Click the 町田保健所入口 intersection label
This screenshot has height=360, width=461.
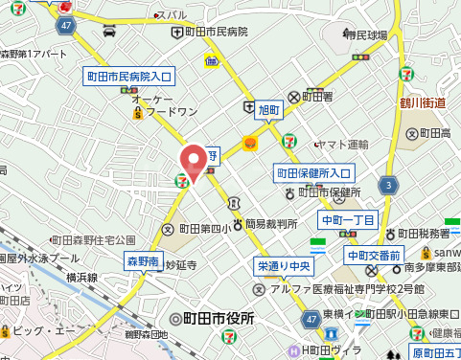(315, 172)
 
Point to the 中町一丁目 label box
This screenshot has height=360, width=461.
(349, 220)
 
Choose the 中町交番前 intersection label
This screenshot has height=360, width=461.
(375, 255)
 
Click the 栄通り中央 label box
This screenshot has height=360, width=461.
(283, 264)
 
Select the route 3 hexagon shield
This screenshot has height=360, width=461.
(387, 184)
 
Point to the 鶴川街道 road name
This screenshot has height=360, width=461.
(424, 101)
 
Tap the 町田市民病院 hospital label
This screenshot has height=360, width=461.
(216, 32)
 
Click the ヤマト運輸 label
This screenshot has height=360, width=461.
(342, 145)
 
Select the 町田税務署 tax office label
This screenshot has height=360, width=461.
(422, 233)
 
